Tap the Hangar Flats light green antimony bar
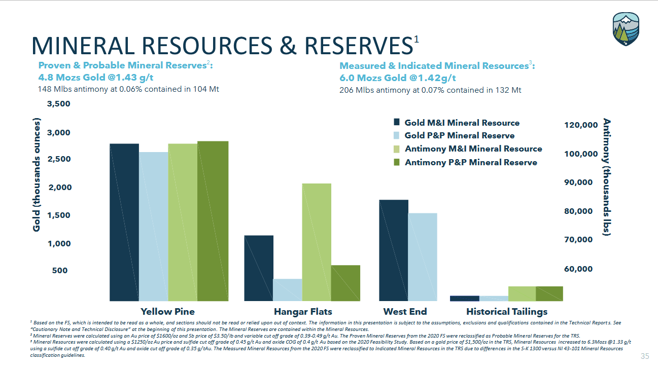317,242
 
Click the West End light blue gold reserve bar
422,256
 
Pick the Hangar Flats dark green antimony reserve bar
345,283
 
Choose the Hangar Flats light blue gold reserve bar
287,289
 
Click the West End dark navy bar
394,250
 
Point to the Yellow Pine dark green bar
213,220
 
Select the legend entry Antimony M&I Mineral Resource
473,149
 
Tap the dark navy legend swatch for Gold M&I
397,122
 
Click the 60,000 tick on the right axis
578,269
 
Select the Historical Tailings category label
506,311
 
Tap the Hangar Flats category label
303,311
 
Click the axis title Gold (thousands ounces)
37,175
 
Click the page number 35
645,356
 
